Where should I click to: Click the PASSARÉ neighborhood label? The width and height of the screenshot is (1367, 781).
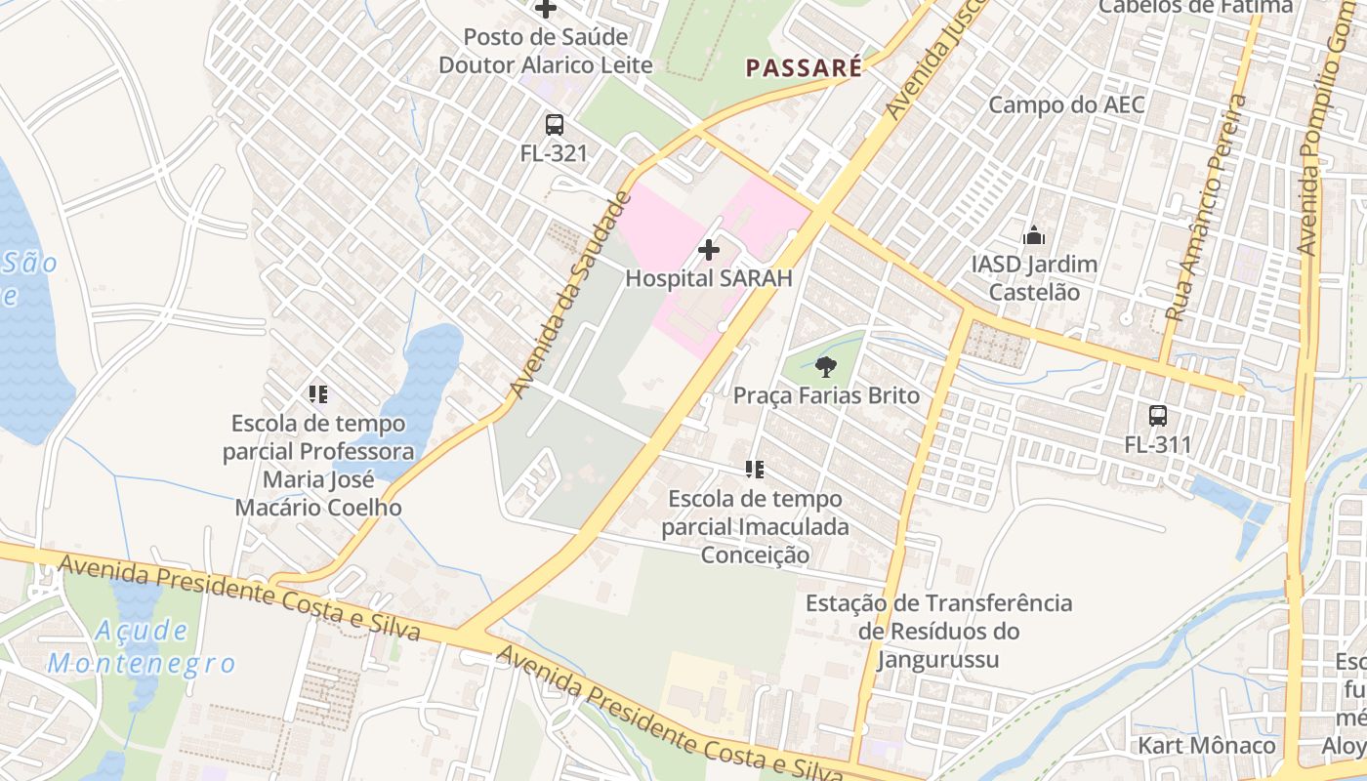(804, 67)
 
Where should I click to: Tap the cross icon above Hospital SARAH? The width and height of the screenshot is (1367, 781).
(709, 250)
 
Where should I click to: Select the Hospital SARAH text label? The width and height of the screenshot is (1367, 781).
(708, 278)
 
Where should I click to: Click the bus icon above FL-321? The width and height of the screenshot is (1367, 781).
(555, 125)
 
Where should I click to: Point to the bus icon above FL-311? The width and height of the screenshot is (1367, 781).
(1158, 416)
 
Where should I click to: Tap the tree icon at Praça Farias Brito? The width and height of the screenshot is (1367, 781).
(826, 367)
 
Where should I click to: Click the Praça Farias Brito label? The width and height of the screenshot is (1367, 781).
(826, 395)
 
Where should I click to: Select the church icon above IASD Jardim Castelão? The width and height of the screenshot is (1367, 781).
(1033, 235)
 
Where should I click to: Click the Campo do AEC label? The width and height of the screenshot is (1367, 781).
(1066, 104)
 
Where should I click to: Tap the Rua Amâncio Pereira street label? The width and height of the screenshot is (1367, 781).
(1207, 209)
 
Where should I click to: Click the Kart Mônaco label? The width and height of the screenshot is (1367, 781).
(1207, 746)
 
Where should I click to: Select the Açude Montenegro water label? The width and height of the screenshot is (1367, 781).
(142, 646)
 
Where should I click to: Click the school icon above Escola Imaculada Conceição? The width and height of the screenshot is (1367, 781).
(754, 470)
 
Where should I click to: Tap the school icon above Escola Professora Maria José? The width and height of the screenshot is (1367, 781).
(317, 394)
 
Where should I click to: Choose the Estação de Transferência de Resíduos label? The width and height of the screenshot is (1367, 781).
(938, 631)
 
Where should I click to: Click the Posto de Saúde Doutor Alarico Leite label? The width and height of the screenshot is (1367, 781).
(545, 51)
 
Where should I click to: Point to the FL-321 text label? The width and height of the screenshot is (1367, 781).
(554, 153)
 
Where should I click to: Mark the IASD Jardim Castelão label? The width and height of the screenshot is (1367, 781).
(1034, 278)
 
